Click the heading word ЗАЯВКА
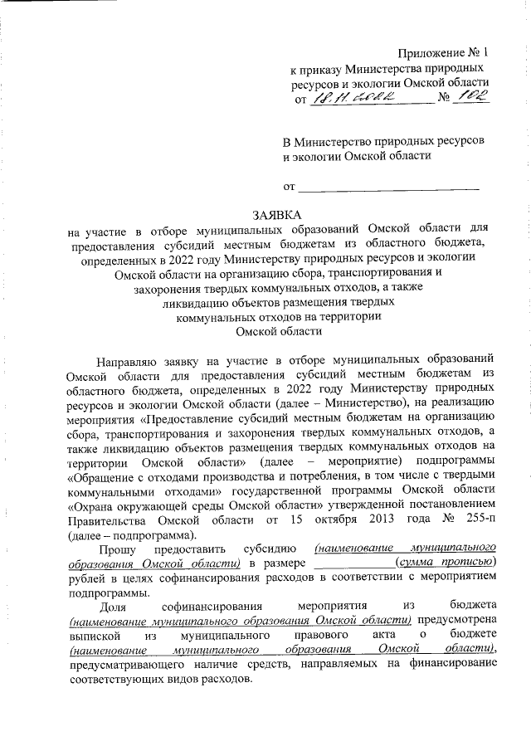click(x=278, y=215)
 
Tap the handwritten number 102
click(x=475, y=97)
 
